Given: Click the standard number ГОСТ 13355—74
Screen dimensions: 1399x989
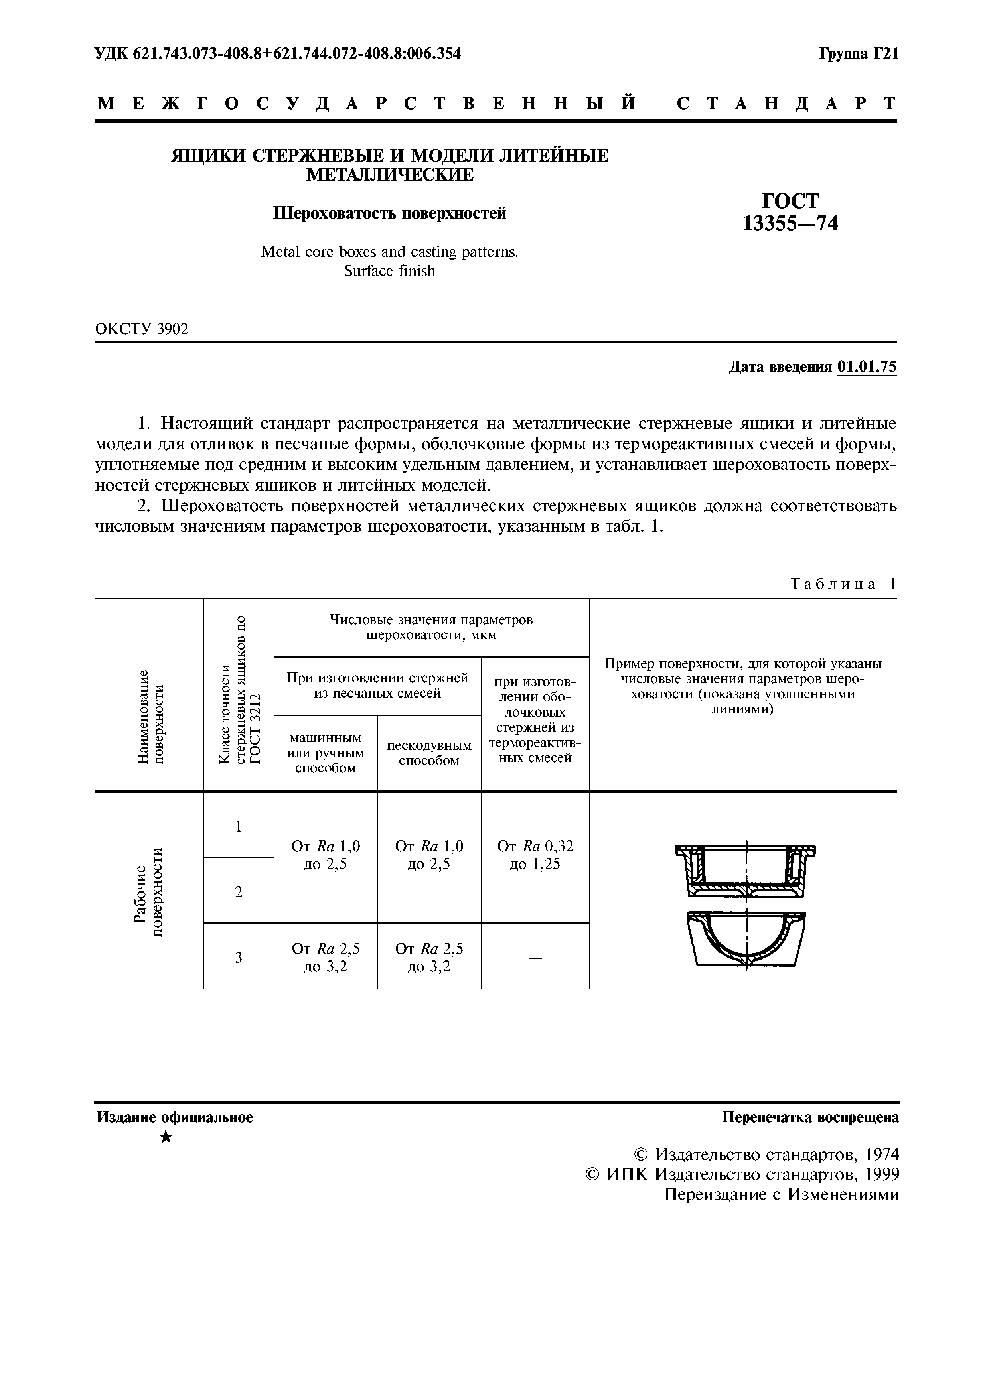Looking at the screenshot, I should [790, 213].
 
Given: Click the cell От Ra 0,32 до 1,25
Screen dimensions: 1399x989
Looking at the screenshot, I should [535, 855].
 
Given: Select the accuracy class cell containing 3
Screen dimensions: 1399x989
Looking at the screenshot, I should [238, 957].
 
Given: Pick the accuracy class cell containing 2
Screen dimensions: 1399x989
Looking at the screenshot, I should [238, 891].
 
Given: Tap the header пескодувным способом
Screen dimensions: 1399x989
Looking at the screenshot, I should [429, 753].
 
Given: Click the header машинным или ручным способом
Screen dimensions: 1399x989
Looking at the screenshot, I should [326, 753].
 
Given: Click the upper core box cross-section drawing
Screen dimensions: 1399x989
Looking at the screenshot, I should [746, 869].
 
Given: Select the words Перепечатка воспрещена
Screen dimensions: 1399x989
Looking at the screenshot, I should [810, 1117].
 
